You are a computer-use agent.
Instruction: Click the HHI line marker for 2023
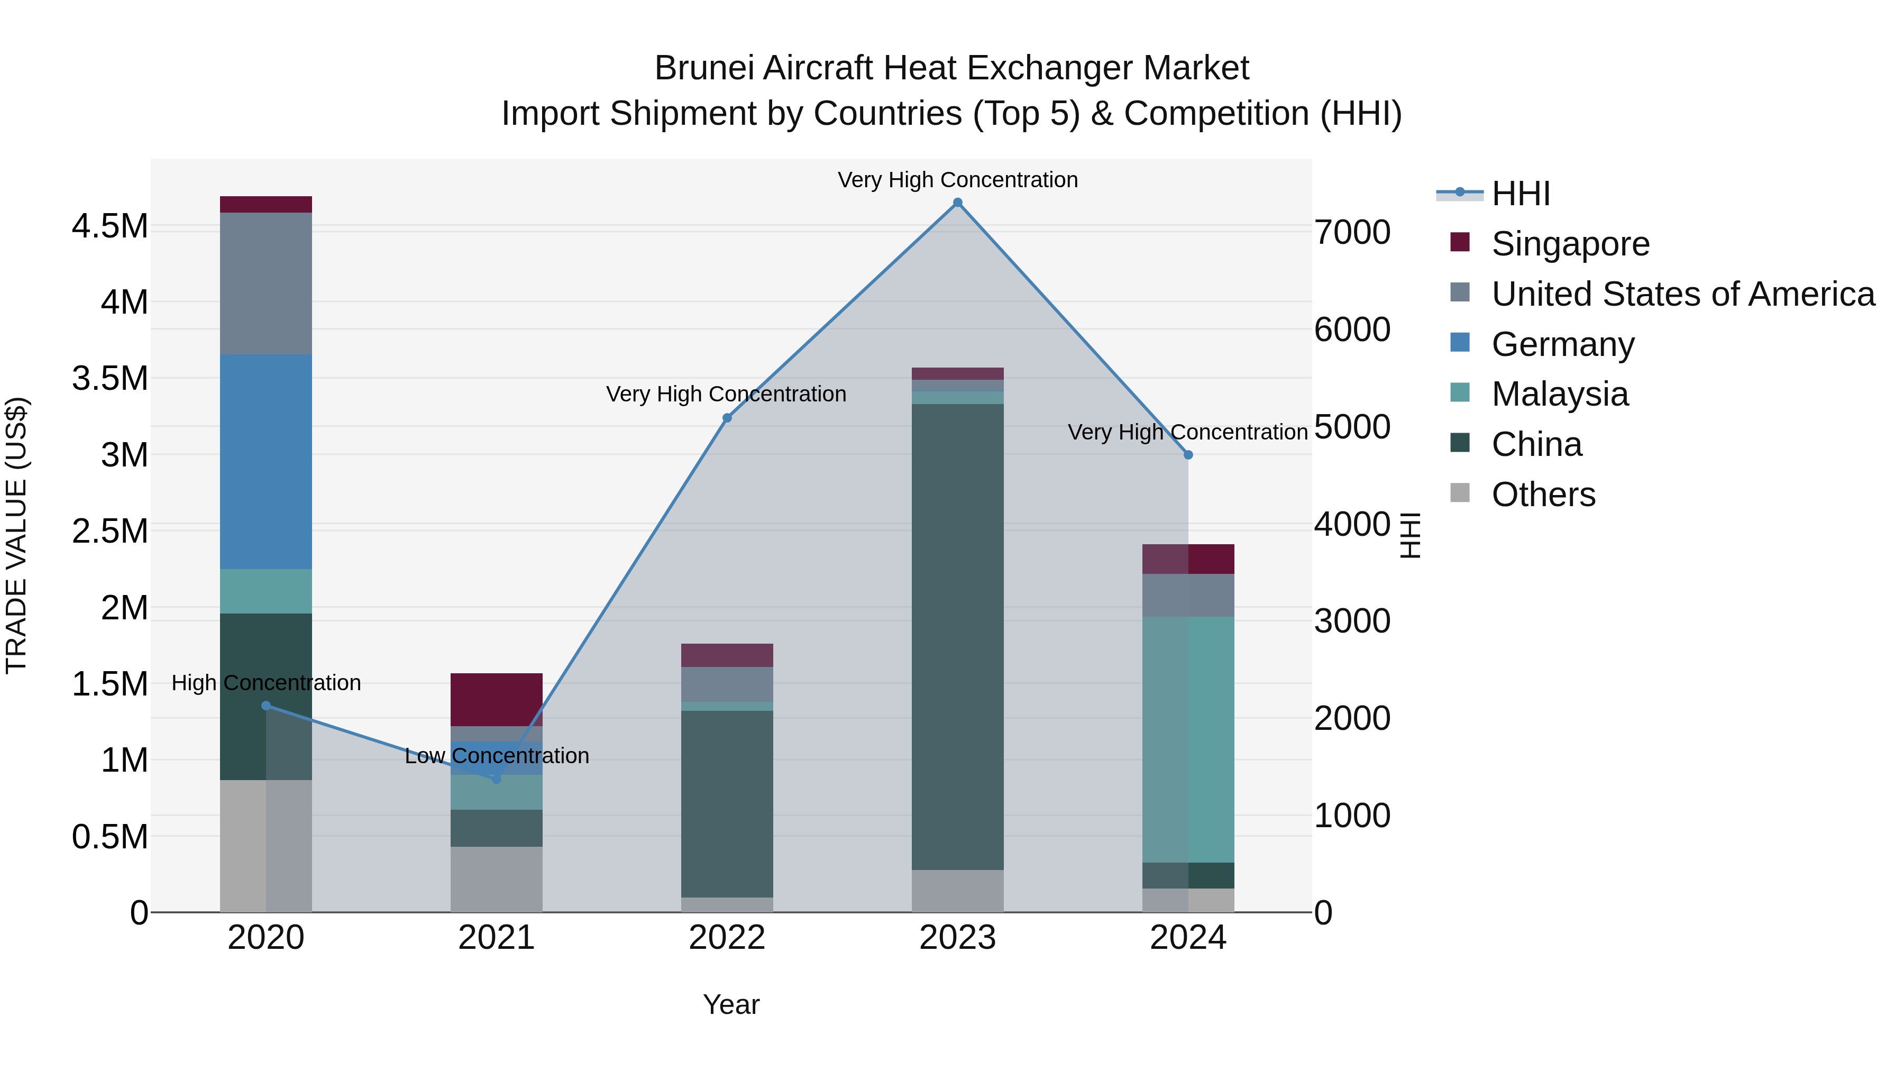[x=957, y=203]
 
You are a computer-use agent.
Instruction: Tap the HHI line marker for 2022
[x=727, y=418]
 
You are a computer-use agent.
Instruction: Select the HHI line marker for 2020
[x=266, y=706]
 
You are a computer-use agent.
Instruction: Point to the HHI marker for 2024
[x=1188, y=455]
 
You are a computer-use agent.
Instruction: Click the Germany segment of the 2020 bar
[x=266, y=462]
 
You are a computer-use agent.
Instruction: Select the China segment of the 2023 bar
[x=957, y=636]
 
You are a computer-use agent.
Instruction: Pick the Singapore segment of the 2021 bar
[x=496, y=699]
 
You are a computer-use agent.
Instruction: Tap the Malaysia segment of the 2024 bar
[x=1188, y=739]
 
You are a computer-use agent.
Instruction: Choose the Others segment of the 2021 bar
[x=496, y=879]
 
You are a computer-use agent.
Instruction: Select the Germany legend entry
[x=1562, y=344]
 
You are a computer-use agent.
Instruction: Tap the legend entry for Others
[x=1543, y=495]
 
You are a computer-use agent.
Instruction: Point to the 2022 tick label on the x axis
[x=727, y=938]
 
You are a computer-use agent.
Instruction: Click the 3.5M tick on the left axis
[x=109, y=379]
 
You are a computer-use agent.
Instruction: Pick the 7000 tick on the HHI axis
[x=1352, y=232]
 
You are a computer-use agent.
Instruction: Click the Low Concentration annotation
[x=497, y=756]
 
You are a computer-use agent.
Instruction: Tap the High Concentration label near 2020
[x=266, y=683]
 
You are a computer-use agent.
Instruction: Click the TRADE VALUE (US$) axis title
[x=16, y=535]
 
